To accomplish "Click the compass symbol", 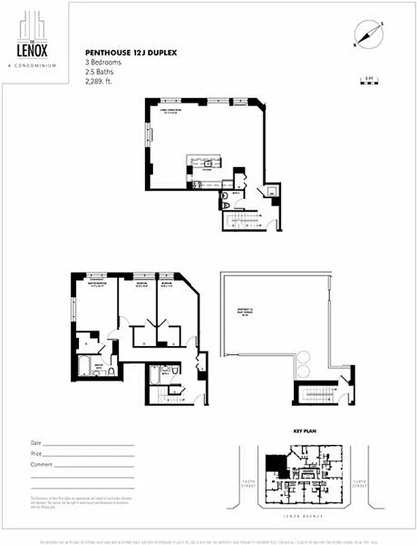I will [367, 34].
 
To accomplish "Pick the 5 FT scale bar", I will [371, 83].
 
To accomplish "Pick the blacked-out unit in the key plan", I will [276, 466].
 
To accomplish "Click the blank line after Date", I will [88, 444].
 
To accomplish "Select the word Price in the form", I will [36, 454].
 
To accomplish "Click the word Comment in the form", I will [41, 464].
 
